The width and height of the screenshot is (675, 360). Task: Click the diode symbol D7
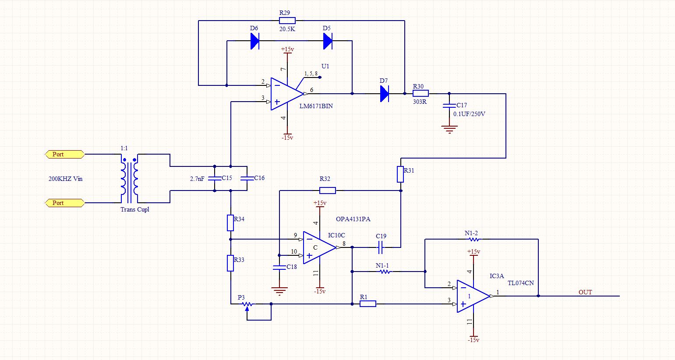tap(385, 94)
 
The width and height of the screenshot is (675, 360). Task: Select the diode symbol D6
tap(255, 41)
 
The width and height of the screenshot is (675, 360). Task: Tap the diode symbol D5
tap(328, 41)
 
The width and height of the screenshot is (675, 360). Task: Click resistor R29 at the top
tap(287, 21)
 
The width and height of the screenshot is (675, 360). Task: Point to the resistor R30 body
tap(421, 94)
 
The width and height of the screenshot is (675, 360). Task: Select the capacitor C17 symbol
tap(449, 106)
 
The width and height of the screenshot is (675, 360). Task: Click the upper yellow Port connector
tap(65, 154)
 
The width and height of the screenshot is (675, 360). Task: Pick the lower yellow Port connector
tap(65, 203)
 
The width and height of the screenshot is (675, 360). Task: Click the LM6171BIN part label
tap(316, 106)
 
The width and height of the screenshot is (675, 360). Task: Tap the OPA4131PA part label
tap(353, 219)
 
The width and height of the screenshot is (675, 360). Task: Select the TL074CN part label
tap(521, 283)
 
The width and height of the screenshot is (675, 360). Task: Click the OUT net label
tap(585, 292)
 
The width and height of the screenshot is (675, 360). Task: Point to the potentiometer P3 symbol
tap(247, 305)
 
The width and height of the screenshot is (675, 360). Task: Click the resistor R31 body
tap(400, 174)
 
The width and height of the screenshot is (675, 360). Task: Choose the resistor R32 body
tap(328, 191)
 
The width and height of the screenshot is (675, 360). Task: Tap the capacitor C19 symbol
tap(380, 247)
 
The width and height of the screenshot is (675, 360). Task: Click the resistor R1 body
tap(368, 304)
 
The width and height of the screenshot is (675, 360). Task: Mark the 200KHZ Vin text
tap(65, 179)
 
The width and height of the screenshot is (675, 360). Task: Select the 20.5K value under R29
tap(287, 29)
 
